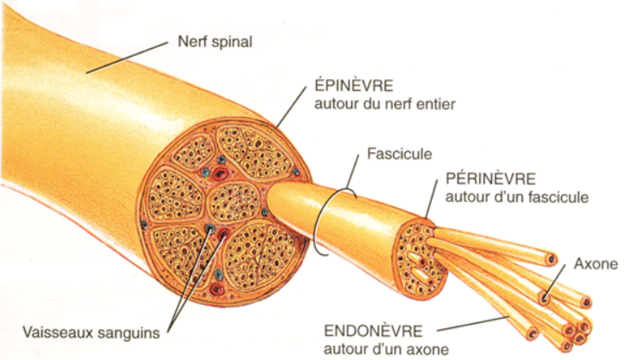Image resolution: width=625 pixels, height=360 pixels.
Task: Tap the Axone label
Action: (x=594, y=263)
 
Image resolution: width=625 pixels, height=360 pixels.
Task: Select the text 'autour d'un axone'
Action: (x=386, y=348)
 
